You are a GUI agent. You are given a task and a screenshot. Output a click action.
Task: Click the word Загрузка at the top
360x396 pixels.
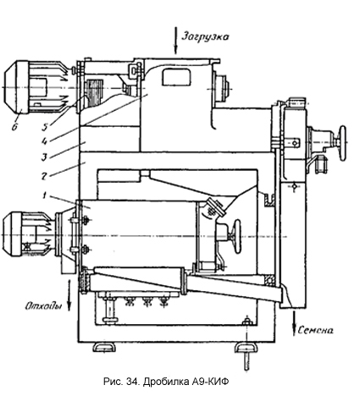coord(205,36)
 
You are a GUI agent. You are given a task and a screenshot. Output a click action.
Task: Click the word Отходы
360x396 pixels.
coord(43,306)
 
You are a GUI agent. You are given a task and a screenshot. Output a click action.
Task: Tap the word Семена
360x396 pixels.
coord(315,330)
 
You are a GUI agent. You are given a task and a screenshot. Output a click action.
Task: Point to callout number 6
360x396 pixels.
coord(14,127)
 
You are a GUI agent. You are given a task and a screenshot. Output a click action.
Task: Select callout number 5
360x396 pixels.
coord(45,127)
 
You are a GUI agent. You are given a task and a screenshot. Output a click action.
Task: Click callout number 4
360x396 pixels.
coord(44,140)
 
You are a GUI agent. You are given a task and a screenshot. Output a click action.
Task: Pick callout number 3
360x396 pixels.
coord(44,157)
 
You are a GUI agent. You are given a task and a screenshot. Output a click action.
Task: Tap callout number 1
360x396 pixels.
coord(43,195)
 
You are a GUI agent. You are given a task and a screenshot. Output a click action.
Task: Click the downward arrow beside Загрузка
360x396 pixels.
coord(175,41)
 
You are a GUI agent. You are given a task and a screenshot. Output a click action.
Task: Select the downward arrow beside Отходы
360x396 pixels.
coord(69,294)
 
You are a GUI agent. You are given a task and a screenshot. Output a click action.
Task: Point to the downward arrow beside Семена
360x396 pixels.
coord(294,322)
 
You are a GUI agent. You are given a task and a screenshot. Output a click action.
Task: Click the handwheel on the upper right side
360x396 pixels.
coord(343,143)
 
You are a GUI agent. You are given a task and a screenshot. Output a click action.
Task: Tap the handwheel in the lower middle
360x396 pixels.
coord(237,236)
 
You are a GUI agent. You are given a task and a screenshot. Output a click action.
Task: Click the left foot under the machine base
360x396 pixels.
coord(104,347)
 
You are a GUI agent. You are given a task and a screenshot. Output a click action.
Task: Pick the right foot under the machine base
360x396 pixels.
coord(246,347)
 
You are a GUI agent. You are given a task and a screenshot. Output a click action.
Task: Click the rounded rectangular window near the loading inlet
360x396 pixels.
coord(175,77)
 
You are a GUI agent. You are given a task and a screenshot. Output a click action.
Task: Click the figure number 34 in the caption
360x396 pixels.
coord(130,382)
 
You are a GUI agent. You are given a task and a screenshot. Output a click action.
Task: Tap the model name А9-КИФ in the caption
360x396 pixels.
coord(210,382)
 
